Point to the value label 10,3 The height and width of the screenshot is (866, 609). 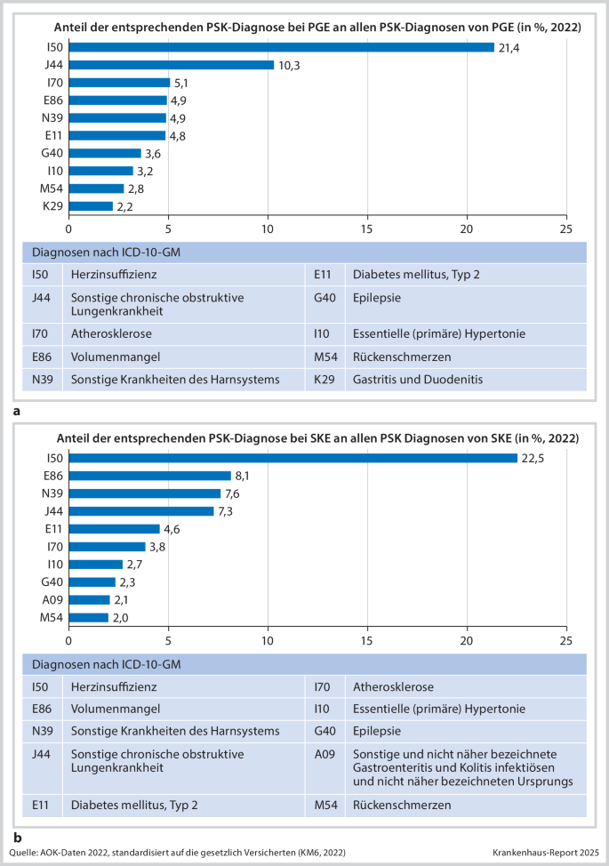287,65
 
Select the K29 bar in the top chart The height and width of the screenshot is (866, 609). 91,206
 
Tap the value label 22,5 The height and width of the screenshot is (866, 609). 532,458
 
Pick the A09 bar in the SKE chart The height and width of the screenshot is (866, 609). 89,599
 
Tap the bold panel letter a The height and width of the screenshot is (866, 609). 17,412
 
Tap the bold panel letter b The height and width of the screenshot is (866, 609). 17,837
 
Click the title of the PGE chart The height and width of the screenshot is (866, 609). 318,28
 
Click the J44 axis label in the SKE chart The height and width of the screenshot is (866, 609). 54,511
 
